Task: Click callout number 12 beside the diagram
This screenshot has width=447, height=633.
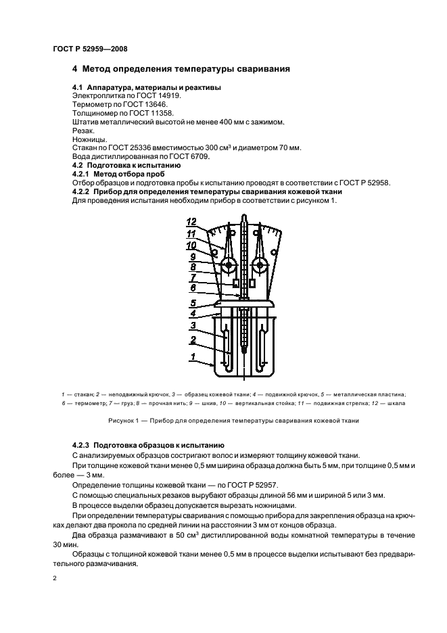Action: pyautogui.click(x=191, y=221)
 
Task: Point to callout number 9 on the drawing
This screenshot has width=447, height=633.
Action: pyautogui.click(x=192, y=257)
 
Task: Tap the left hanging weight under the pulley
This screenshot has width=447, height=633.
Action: pyautogui.click(x=235, y=283)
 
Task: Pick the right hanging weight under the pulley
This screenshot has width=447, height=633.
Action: pyautogui.click(x=252, y=283)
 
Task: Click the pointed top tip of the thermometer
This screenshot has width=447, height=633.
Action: pyautogui.click(x=243, y=218)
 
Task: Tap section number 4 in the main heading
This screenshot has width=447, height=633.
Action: pyautogui.click(x=75, y=68)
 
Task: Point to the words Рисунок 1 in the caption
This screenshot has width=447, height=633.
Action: pyautogui.click(x=123, y=420)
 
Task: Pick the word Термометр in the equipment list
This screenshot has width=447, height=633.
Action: pyautogui.click(x=93, y=104)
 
